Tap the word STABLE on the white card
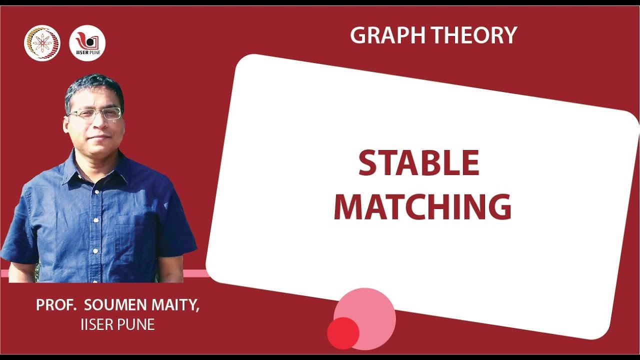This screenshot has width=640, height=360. coord(419,163)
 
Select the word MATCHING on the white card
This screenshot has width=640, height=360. coord(422,206)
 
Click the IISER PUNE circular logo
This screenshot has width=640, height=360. coord(87,43)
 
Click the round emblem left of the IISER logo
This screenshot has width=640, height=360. coord(42,43)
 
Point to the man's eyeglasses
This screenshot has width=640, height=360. coord(95,113)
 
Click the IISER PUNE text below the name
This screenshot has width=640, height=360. coord(117,324)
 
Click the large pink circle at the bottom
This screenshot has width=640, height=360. coord(367,315)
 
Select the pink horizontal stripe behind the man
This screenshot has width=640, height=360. coord(200,273)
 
